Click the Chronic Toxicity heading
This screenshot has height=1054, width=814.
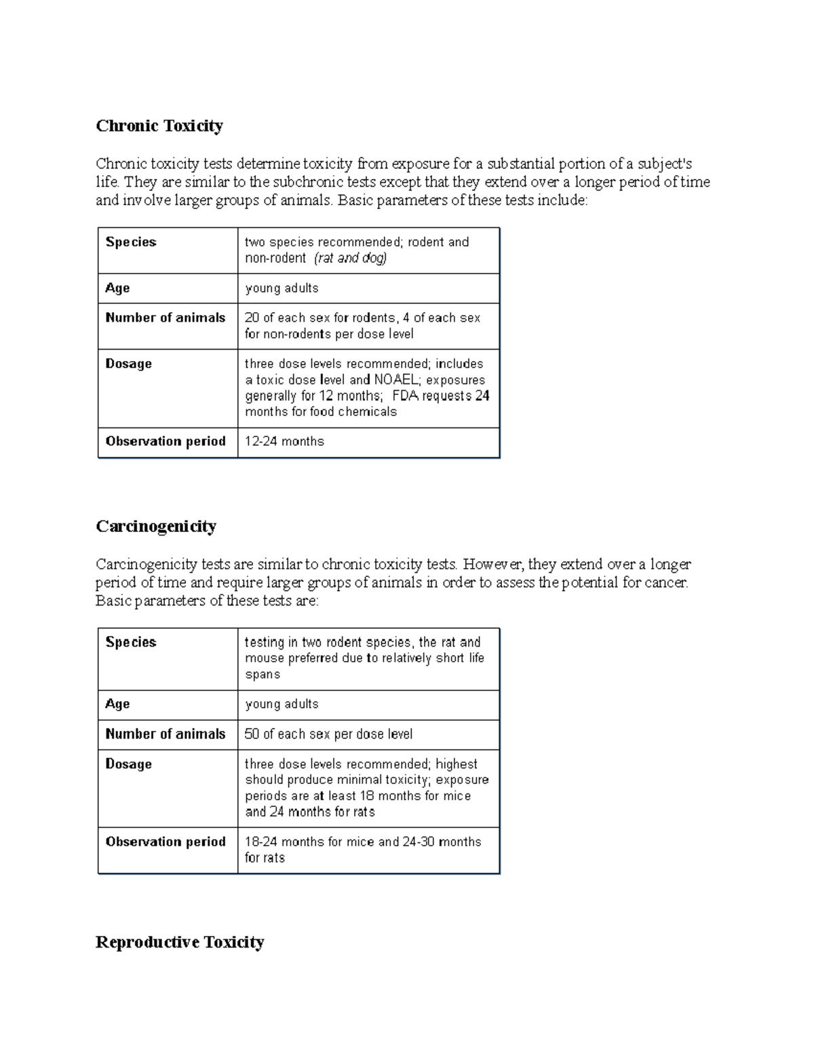tap(159, 126)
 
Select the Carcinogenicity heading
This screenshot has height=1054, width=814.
tap(156, 526)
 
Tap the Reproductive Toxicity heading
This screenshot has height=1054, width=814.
tap(180, 942)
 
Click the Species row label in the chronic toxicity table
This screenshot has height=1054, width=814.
tap(131, 242)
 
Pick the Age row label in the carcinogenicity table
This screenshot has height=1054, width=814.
tap(117, 704)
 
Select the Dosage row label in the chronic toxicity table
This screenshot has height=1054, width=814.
tap(128, 364)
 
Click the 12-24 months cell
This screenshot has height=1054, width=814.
tap(284, 442)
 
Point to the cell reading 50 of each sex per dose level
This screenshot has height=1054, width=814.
tap(328, 734)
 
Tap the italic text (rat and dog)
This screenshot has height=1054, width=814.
tap(351, 258)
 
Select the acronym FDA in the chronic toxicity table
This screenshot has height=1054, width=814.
tap(406, 396)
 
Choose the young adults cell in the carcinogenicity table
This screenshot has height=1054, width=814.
tap(282, 704)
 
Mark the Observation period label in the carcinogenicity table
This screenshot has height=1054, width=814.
tap(166, 842)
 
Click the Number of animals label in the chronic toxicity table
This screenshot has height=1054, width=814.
tap(166, 318)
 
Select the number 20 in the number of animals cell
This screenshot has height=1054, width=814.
tap(252, 318)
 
